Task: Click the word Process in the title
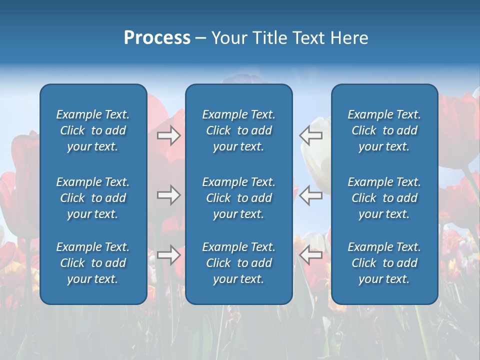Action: (157, 38)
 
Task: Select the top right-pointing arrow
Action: (168, 135)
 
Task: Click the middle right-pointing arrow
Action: (168, 195)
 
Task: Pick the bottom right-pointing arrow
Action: (168, 255)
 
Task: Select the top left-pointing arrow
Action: (311, 135)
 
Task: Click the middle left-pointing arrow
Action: (311, 195)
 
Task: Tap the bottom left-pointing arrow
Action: (311, 255)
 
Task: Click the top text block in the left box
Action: (93, 130)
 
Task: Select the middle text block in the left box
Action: (93, 198)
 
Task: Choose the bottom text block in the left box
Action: (93, 263)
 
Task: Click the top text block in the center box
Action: (238, 130)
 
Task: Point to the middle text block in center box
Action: (238, 198)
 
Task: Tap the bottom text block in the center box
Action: (238, 263)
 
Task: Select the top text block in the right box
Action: (384, 130)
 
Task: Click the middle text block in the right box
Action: (384, 198)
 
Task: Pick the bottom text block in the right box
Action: (384, 263)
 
